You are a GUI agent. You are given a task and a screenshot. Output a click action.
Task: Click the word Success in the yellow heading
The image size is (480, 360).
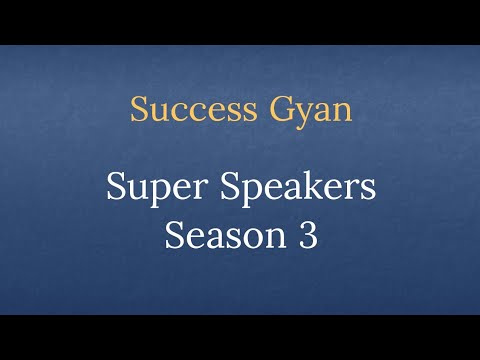(180, 109)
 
